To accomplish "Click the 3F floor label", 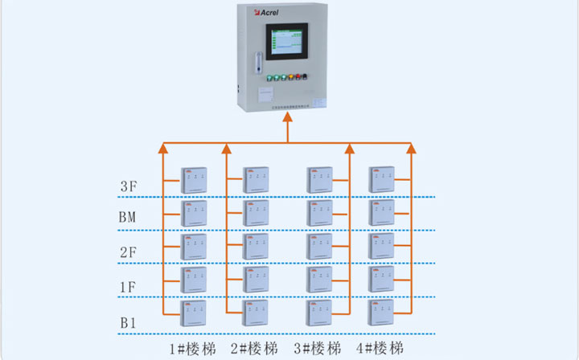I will pos(129,187).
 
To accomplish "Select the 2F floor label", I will pos(129,252).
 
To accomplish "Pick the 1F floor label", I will pos(129,286).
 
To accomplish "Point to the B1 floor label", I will pos(129,322).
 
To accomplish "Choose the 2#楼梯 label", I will pos(254,349).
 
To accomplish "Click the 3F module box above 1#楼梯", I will pos(194,179).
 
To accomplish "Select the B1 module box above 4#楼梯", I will pos(380,311).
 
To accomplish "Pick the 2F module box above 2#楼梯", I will pos(257,246).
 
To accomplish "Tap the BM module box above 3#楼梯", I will pos(319,212).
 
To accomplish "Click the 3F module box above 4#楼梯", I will pos(380,178).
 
